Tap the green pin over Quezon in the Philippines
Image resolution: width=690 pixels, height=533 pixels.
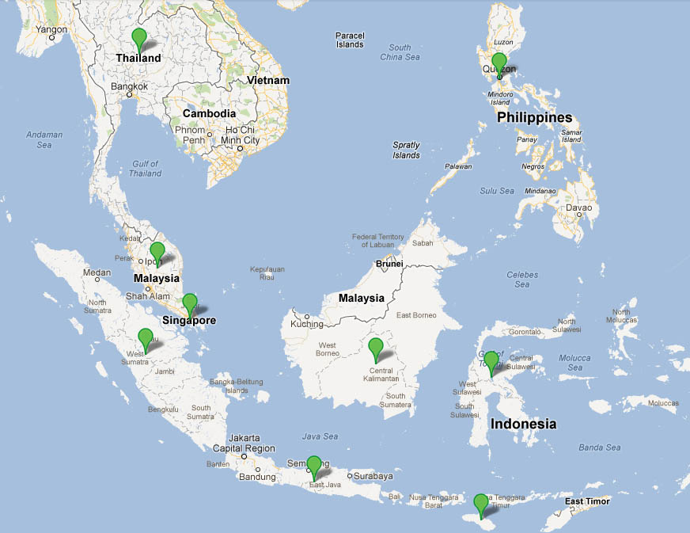coord(499,63)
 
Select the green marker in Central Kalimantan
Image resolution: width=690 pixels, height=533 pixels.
coord(376,347)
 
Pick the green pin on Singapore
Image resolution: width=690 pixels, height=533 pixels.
coord(189,303)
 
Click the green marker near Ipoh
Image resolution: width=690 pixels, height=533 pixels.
coord(157,252)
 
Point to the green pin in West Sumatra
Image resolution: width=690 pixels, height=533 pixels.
coord(145,337)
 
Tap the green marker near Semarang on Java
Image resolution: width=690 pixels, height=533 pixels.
coord(314,465)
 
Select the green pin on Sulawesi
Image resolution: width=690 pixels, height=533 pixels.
coord(491,361)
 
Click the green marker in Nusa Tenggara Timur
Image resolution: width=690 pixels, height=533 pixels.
coord(480,503)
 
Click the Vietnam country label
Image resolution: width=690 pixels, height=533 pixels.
coord(267,81)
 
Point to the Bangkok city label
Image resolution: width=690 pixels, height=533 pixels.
coord(130,86)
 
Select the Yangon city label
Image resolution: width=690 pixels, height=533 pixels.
coord(51,30)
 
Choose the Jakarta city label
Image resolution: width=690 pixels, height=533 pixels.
coord(244,437)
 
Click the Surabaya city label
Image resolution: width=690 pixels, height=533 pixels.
coord(373,476)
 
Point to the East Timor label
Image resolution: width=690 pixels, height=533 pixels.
coord(587,501)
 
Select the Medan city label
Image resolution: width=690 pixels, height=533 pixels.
coord(97,272)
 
